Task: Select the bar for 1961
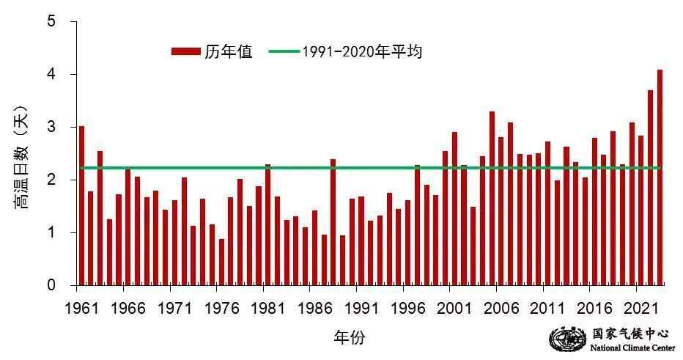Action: point(81,205)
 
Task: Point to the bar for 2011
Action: point(547,213)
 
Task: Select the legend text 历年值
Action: point(229,51)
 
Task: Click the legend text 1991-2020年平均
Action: point(362,51)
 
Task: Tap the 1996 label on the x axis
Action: point(408,306)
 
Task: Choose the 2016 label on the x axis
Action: point(594,306)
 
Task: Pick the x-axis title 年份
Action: point(349,337)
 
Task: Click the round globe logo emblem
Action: point(564,339)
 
